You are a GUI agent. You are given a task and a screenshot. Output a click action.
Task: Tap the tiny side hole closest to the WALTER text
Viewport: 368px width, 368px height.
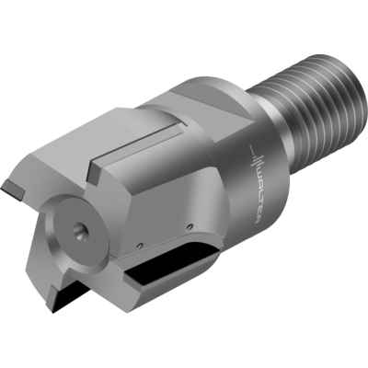pyautogui.click(x=189, y=229)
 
